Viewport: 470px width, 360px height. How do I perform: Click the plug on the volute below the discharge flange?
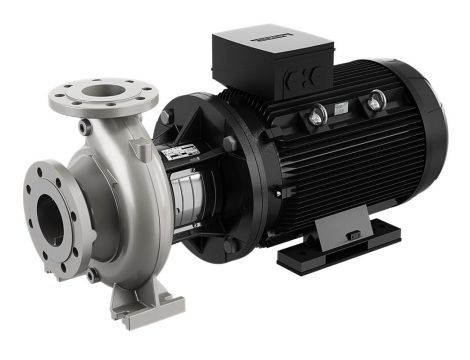coord(85,129)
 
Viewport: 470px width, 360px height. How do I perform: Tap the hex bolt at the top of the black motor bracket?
coord(164,117)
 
